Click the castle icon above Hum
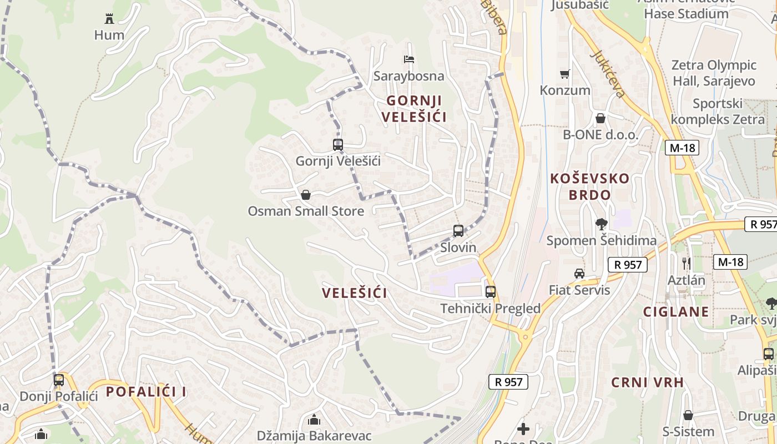(109, 19)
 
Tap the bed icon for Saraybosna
(409, 59)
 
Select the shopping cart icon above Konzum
(565, 74)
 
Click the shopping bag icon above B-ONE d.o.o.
(600, 118)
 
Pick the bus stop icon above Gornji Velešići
(337, 145)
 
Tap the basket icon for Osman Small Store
(305, 195)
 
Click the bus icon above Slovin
(458, 231)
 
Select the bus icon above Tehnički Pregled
(491, 292)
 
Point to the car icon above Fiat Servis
(579, 274)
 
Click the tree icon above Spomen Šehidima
(601, 224)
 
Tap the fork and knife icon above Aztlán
(687, 263)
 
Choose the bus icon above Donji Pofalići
(59, 380)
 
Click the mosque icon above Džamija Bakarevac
(314, 420)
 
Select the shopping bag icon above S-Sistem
(688, 415)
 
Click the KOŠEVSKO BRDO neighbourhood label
(590, 186)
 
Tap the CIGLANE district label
(676, 312)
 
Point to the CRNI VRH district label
(647, 382)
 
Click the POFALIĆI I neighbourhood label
(146, 392)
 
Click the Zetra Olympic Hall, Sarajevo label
(714, 73)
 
